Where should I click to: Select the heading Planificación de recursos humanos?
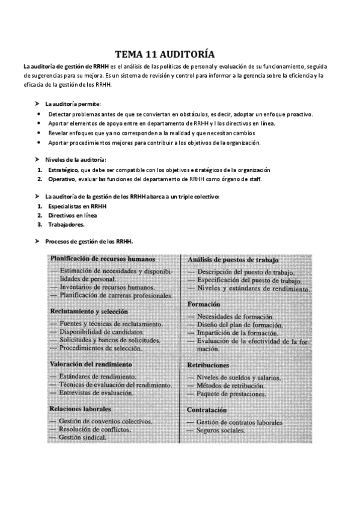point(103,259)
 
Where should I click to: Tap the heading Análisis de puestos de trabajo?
point(233,260)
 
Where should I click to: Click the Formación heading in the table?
point(204,304)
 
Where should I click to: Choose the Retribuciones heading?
point(208,365)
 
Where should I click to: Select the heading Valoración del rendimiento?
point(90,364)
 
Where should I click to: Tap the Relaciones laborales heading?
point(81,409)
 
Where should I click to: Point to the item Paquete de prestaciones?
point(231,394)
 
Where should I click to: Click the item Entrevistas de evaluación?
point(99,393)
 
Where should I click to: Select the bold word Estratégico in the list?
point(63,170)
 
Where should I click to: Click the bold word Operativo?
point(61,179)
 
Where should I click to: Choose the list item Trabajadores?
point(66,224)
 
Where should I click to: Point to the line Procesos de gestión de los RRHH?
point(89,242)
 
